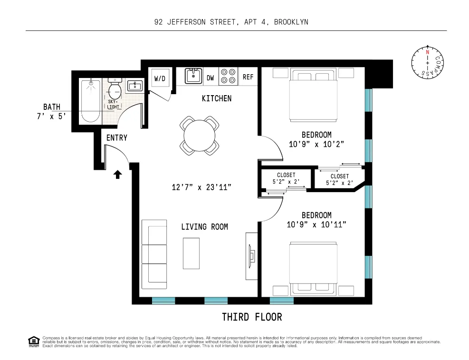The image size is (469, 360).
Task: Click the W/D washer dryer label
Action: [159, 78]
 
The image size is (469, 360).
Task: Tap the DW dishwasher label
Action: [210, 78]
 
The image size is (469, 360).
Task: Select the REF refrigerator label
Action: [248, 77]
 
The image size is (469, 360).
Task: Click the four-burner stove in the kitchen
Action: [229, 77]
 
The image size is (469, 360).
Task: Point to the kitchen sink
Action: [193, 76]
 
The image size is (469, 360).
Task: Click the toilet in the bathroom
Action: [114, 89]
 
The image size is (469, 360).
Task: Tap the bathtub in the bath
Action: [90, 101]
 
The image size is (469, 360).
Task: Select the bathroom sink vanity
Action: [135, 86]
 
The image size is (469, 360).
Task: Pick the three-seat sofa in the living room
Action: [154, 258]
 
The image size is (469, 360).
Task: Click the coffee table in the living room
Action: [191, 253]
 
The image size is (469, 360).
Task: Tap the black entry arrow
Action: [118, 175]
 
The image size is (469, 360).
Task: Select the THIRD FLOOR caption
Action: [252, 317]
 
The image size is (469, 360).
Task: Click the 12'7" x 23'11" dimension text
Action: [201, 187]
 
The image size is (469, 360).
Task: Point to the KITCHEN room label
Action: [217, 98]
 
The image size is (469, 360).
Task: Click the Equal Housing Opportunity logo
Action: [34, 341]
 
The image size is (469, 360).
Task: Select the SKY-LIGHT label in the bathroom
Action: [113, 105]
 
